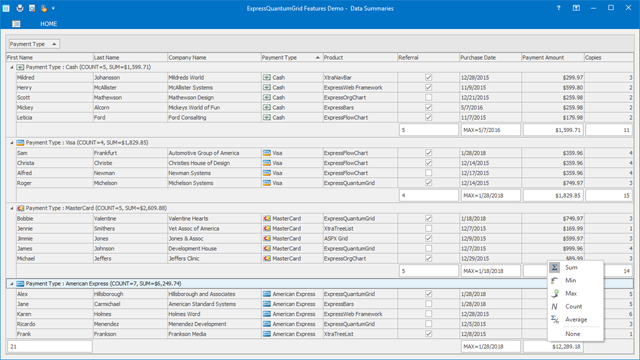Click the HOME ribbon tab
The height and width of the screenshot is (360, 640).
tap(48, 23)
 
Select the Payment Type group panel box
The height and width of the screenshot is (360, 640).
tap(33, 44)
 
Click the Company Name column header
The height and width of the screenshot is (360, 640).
tap(187, 58)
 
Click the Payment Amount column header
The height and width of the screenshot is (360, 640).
tap(543, 58)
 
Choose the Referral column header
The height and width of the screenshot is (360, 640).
tap(409, 58)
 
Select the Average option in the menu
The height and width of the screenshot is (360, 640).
tap(577, 320)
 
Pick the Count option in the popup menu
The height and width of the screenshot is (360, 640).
tap(573, 307)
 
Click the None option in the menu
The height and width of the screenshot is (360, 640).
tap(572, 334)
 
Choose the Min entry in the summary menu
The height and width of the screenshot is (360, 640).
tap(571, 281)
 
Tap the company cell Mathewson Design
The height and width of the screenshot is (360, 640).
tap(191, 97)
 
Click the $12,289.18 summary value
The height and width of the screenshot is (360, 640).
tap(566, 346)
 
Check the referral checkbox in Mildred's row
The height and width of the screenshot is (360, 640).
tap(428, 77)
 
